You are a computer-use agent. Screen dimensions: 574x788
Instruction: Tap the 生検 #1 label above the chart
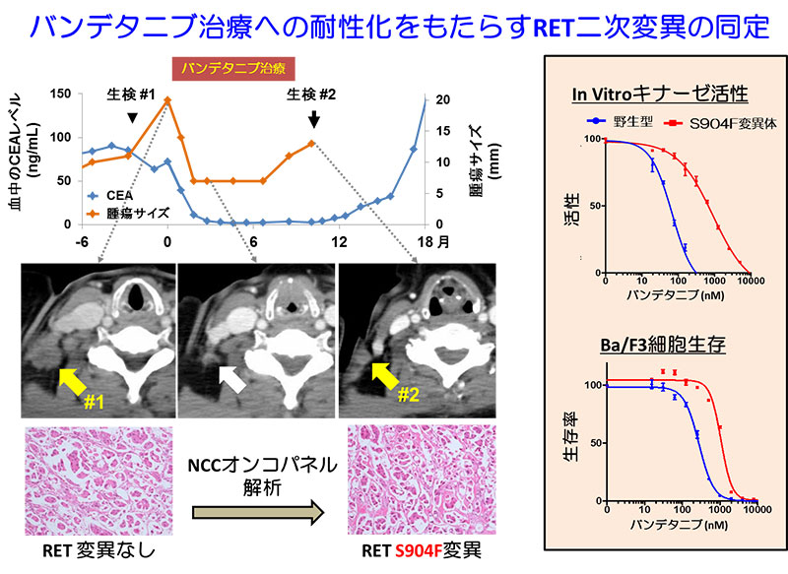point(132,95)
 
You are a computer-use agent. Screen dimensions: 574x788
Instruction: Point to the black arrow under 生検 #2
point(313,119)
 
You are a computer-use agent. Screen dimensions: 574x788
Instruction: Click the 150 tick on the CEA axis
point(58,94)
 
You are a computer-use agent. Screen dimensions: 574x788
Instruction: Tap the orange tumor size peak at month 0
point(167,99)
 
